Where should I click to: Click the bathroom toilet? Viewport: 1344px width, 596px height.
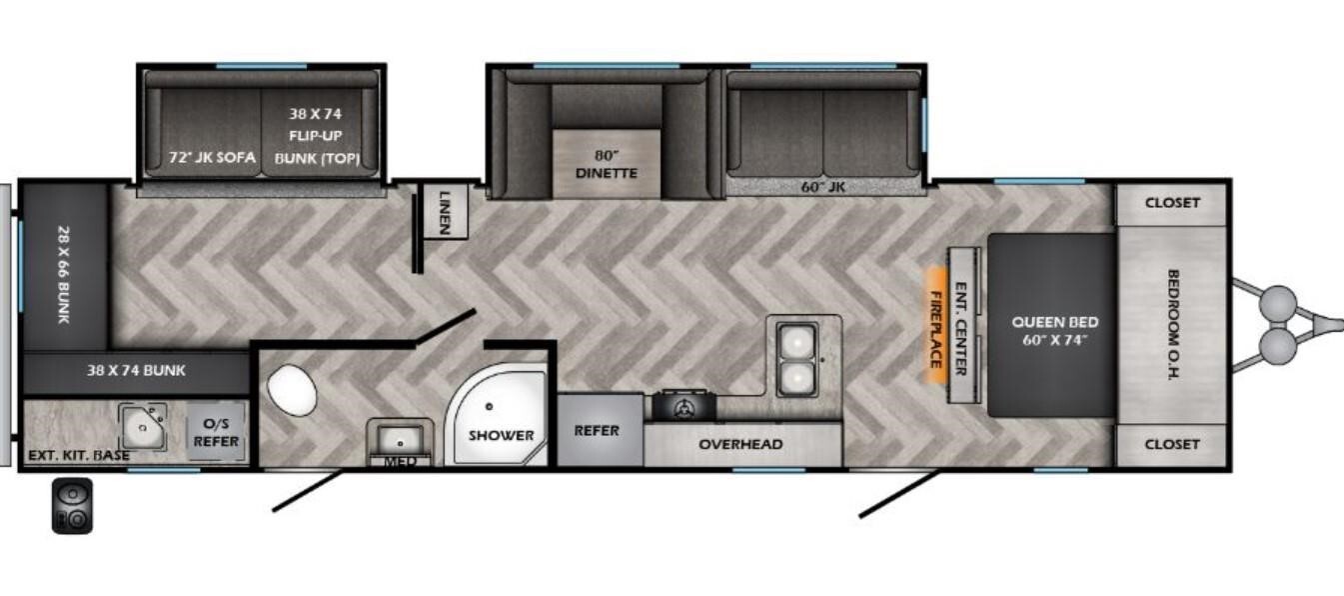coord(292,390)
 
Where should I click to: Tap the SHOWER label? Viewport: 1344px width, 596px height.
coord(501,435)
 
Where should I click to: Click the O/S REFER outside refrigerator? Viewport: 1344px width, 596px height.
coord(216,432)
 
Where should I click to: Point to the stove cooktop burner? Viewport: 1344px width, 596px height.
coord(683,406)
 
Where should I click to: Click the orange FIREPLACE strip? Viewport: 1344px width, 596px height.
coord(935,326)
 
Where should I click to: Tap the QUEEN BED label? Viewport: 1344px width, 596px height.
coord(1055,322)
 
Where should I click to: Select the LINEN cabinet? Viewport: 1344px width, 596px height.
coord(445,211)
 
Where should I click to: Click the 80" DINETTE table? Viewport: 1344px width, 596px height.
coord(606,163)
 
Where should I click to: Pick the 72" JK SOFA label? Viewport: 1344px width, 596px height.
coord(212,157)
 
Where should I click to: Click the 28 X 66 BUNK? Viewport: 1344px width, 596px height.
coord(65,267)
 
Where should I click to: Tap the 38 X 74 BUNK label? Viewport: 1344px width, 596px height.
coord(136,370)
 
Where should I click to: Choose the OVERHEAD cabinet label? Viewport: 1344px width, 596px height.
coord(740,444)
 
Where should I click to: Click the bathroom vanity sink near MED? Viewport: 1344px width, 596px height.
coord(400,439)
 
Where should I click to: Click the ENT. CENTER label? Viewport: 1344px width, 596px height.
coord(960,329)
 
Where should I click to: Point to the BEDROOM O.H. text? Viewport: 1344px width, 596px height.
coord(1173,324)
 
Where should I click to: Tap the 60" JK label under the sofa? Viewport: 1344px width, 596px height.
coord(822,187)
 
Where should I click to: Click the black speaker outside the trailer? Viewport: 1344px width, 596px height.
coord(73,506)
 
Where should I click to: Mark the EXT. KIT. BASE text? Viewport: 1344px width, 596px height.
coord(79,456)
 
